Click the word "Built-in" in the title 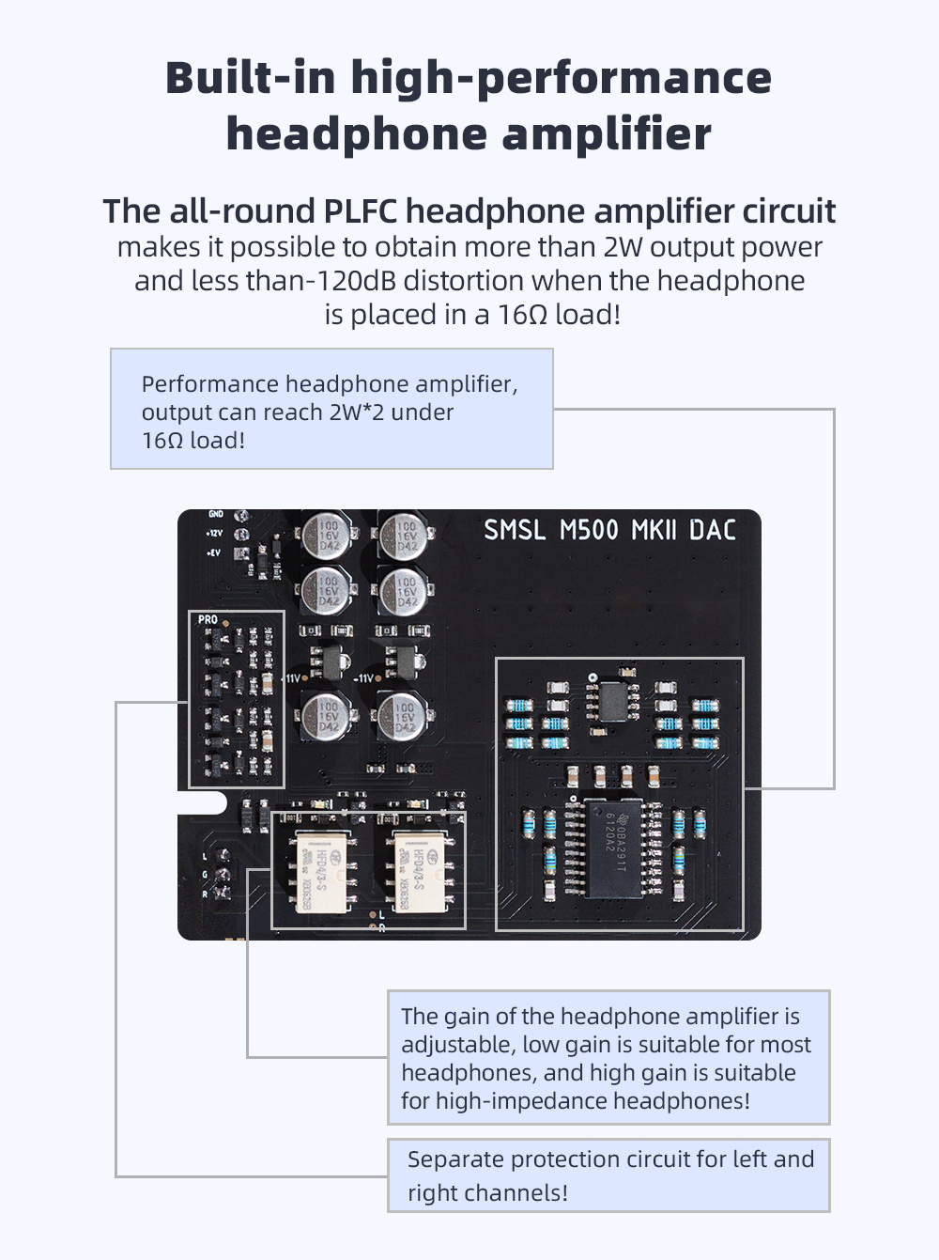pos(250,77)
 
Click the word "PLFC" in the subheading pos(361,211)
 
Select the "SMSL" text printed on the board pos(514,531)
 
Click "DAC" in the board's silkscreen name pos(713,531)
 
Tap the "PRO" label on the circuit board pos(208,620)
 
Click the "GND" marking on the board pos(216,514)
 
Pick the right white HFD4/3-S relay pos(419,872)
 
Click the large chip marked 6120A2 pos(613,848)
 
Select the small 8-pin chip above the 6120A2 pos(613,701)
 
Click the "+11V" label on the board pos(292,678)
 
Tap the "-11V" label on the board pos(364,678)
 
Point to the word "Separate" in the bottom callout pos(455,1159)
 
